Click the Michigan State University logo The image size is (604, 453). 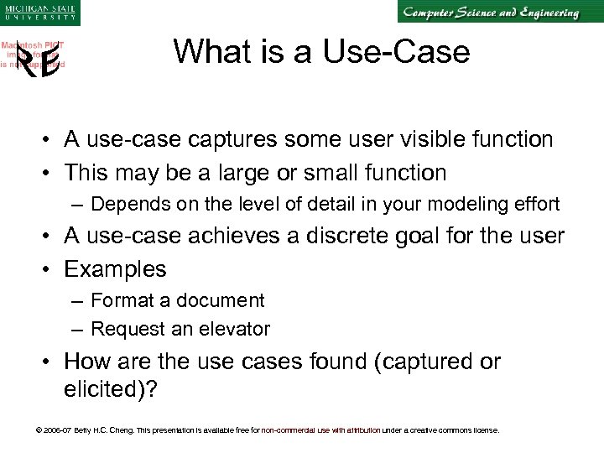pyautogui.click(x=39, y=12)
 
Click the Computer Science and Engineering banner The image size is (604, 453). pyautogui.click(x=489, y=13)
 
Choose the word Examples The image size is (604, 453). pyautogui.click(x=115, y=269)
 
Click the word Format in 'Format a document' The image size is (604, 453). pyautogui.click(x=119, y=300)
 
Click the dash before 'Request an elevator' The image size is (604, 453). pyautogui.click(x=76, y=329)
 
